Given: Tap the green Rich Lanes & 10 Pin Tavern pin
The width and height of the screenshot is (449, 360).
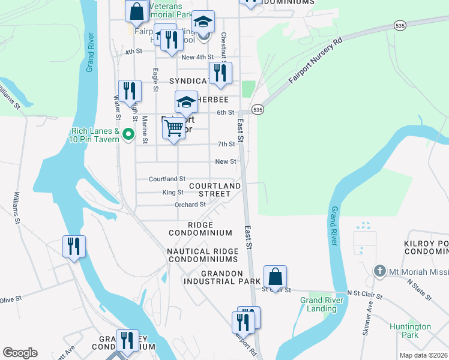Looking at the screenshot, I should (x=127, y=134).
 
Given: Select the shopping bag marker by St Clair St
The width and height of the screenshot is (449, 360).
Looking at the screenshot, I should (x=275, y=278).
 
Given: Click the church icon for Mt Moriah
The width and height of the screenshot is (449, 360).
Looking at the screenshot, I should (x=379, y=271).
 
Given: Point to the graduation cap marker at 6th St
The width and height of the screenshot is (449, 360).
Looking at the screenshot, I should (x=186, y=103).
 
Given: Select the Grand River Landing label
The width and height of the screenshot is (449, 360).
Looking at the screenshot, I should (x=321, y=304).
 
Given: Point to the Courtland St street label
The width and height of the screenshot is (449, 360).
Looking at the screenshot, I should (x=167, y=179).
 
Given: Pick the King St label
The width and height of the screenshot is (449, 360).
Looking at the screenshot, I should (x=173, y=192).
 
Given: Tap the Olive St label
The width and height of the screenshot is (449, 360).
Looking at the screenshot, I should (x=10, y=299).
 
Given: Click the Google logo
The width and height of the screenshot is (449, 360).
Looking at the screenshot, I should (x=20, y=353).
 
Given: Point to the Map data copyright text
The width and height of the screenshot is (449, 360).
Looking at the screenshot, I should (x=423, y=355).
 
